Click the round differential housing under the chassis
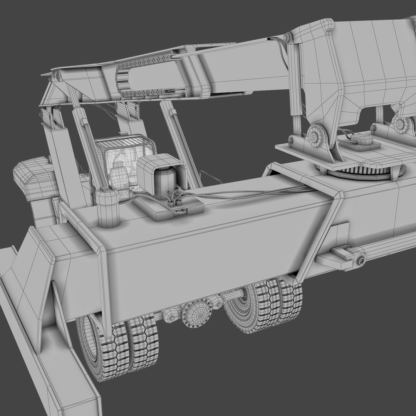click(196, 314)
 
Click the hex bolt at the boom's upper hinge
click(287, 37)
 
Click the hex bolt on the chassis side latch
click(361, 261)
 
